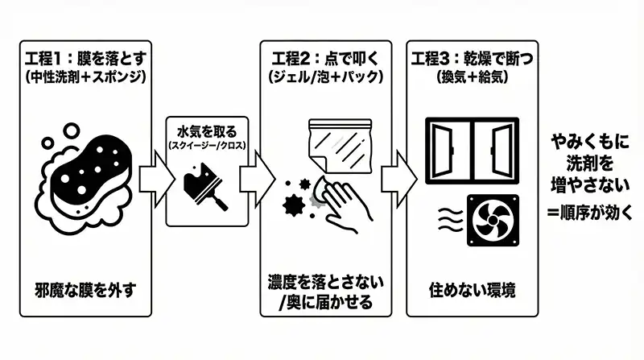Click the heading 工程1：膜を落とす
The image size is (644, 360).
[82, 59]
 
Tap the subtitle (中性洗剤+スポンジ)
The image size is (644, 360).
[82, 77]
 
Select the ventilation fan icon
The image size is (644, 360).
[491, 220]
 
